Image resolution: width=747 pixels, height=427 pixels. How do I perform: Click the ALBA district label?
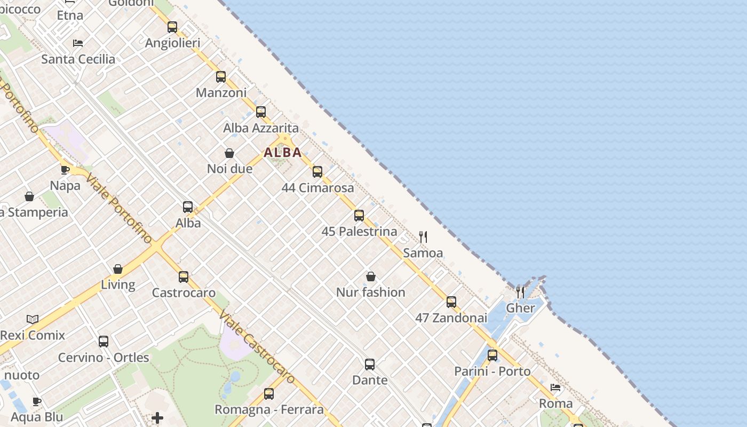tap(283, 153)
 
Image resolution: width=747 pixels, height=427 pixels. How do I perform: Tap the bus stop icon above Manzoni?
tap(221, 77)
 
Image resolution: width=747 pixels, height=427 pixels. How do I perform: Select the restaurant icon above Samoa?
tap(423, 237)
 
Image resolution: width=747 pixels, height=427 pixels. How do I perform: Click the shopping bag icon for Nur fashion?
tap(371, 276)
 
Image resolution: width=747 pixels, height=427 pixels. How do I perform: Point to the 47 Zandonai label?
tap(451, 318)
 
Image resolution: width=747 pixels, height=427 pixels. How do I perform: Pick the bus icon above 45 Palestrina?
tap(359, 216)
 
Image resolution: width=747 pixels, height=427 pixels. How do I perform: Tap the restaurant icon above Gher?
tap(520, 292)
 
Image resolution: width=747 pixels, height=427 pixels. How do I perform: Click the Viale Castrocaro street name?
tap(257, 347)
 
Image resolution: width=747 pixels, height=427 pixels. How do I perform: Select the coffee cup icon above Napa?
tap(65, 170)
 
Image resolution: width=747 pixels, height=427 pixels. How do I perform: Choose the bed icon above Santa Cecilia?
tap(78, 43)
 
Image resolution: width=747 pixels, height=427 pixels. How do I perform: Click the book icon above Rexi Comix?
tap(33, 320)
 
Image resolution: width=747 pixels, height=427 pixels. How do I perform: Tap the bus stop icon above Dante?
tap(370, 365)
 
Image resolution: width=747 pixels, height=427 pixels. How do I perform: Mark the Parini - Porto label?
tap(492, 371)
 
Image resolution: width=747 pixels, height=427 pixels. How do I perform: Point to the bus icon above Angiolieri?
tap(172, 27)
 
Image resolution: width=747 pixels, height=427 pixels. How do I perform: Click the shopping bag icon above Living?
tap(118, 269)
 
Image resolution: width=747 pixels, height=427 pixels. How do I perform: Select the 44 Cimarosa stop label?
tap(318, 188)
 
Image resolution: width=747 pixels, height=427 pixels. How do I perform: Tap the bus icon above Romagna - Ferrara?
tap(269, 394)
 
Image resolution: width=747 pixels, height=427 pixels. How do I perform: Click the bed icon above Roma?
tap(555, 388)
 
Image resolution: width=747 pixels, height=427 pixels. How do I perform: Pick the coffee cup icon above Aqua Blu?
tap(37, 401)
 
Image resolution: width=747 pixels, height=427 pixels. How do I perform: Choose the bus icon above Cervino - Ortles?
tap(104, 342)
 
